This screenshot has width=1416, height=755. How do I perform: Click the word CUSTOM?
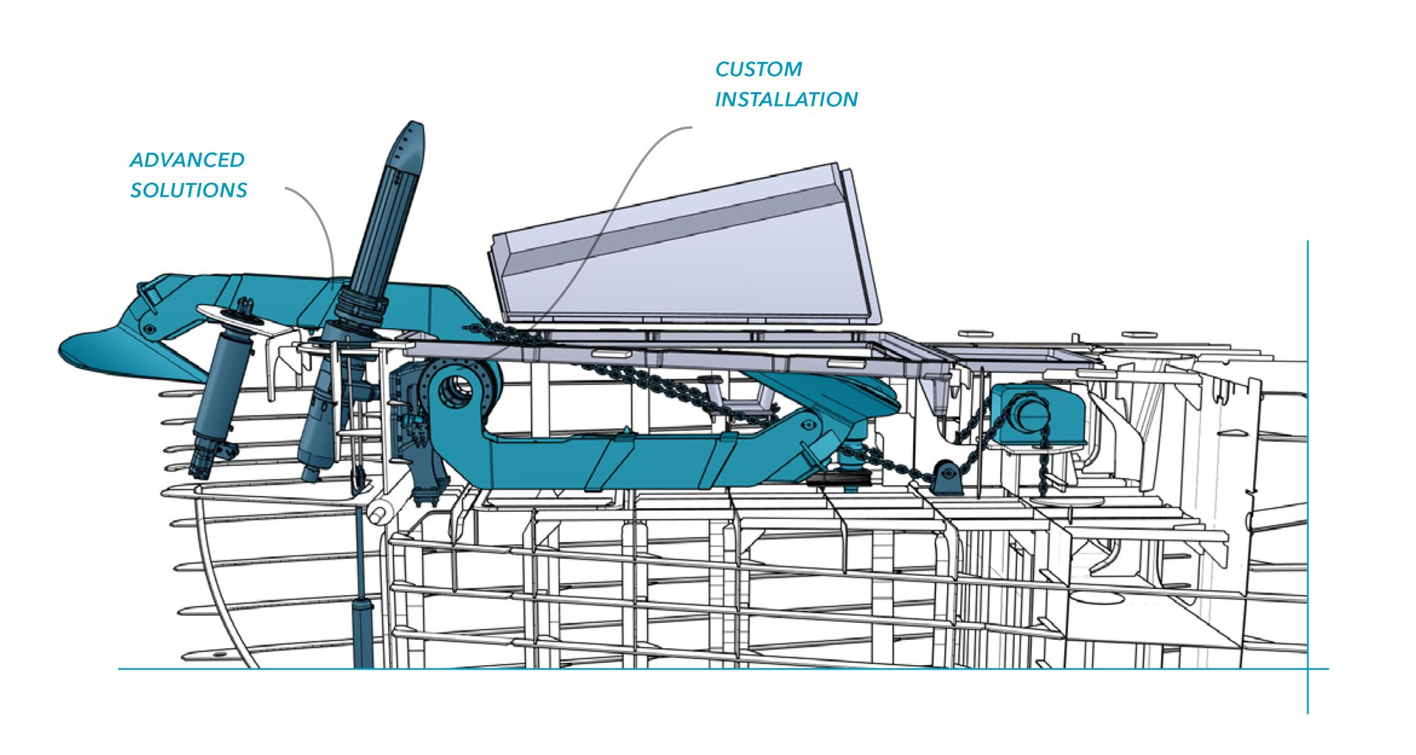pos(758,69)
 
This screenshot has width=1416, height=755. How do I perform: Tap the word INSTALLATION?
pos(786,100)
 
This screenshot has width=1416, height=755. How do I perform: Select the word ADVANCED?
pos(187,160)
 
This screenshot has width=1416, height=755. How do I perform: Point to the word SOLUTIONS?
pos(189,190)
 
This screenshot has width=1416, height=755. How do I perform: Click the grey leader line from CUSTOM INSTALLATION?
pos(627,184)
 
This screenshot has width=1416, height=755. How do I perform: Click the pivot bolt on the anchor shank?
pos(150,328)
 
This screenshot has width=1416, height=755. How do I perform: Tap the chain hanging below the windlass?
pos(1044,465)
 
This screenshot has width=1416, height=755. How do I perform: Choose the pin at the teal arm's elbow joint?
pos(808,425)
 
